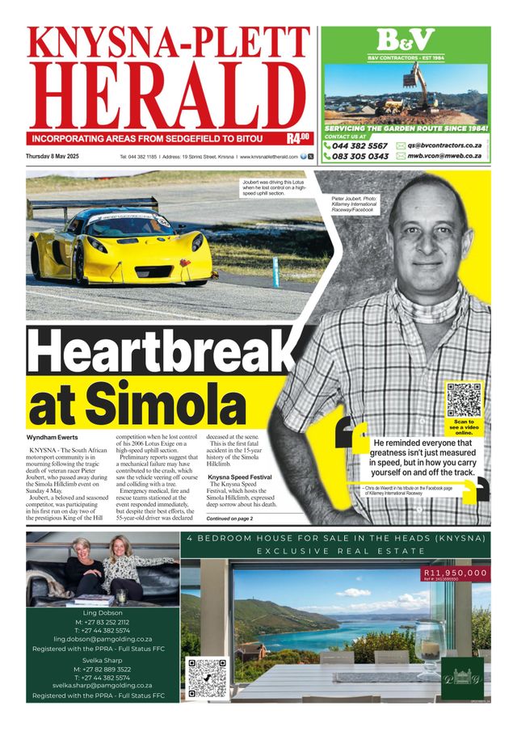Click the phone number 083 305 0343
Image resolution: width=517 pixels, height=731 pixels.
[x=359, y=156]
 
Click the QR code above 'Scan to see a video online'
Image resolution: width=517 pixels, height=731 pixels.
[x=464, y=399]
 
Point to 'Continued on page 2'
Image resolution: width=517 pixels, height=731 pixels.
[x=230, y=518]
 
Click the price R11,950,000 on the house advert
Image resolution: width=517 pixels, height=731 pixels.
[x=455, y=573]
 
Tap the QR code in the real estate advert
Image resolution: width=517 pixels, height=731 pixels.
[x=206, y=677]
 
